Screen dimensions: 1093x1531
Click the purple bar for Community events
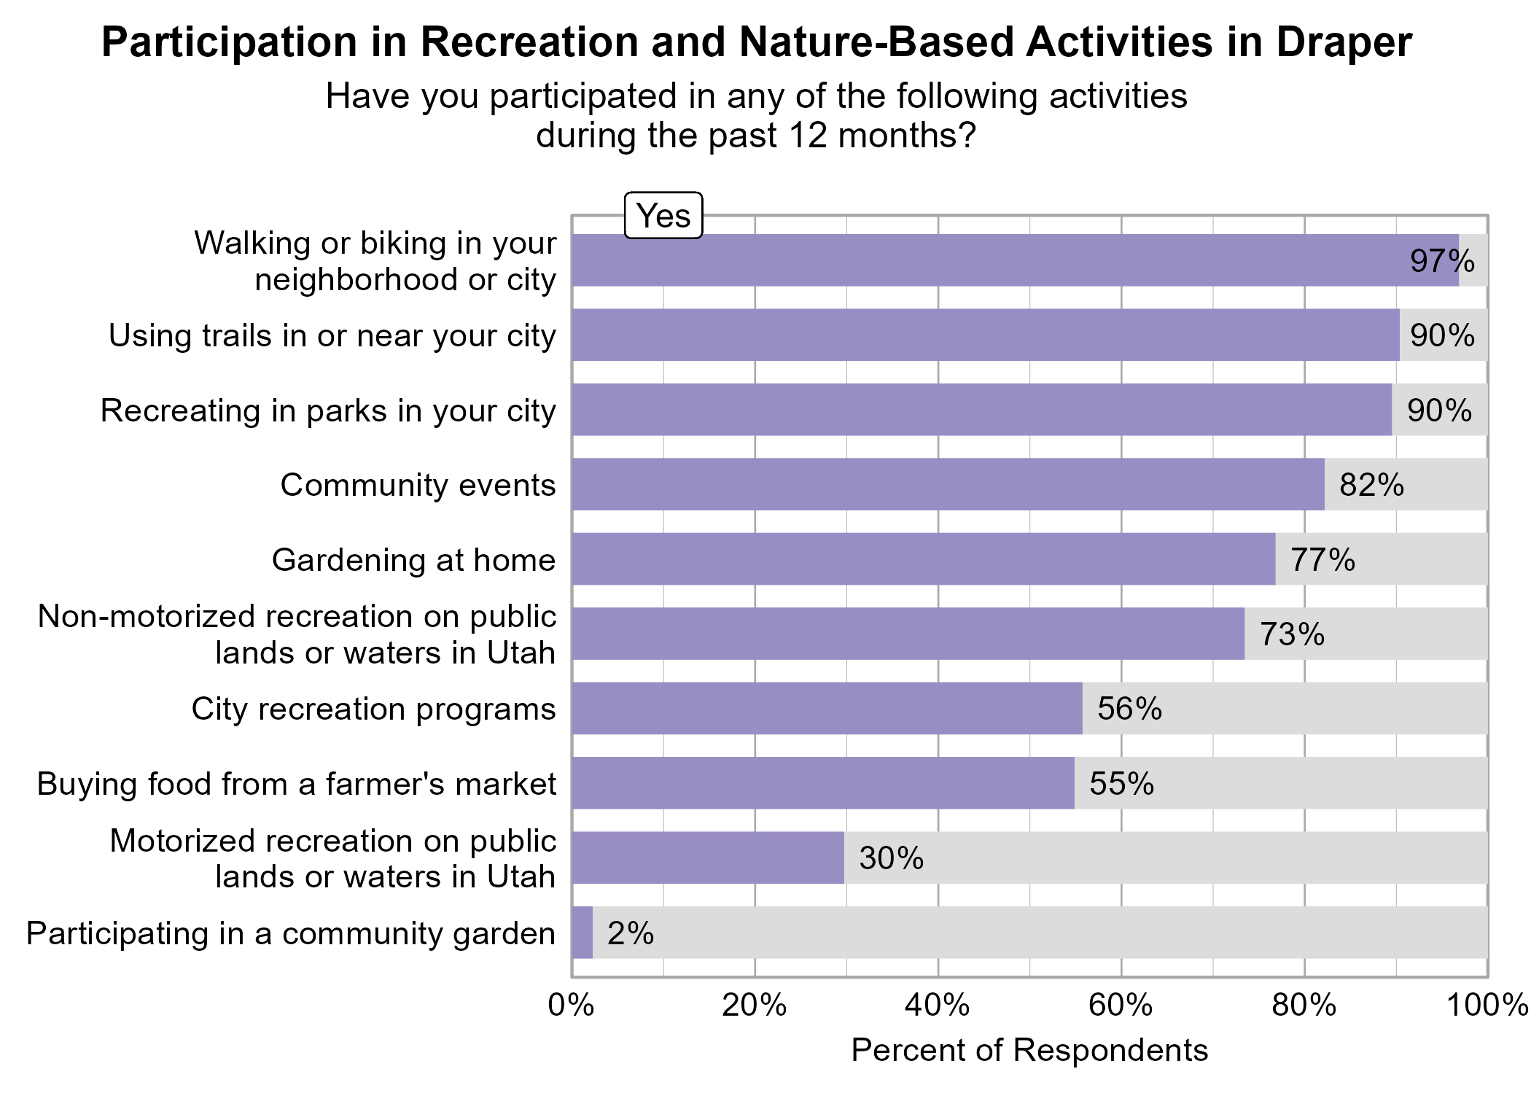point(948,484)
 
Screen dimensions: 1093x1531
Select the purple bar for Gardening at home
point(923,559)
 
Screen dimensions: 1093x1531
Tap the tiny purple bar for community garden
point(583,933)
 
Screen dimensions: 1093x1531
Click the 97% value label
point(1442,261)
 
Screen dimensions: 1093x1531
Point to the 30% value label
point(891,858)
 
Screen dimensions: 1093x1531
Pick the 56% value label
point(1129,709)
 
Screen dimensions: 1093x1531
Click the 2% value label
point(631,933)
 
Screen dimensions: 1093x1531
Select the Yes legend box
point(663,216)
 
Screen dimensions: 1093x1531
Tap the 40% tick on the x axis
point(938,1006)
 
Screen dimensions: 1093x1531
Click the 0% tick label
point(571,1006)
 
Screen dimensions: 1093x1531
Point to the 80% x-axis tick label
point(1304,1006)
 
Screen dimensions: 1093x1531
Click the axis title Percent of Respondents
point(1029,1050)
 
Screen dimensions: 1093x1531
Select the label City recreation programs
point(373,709)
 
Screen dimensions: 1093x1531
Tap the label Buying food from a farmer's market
point(297,784)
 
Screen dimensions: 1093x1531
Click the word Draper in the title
point(1344,42)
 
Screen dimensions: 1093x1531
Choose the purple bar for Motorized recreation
point(707,858)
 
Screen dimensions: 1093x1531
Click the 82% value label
point(1371,485)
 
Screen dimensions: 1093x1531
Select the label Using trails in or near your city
point(332,335)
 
